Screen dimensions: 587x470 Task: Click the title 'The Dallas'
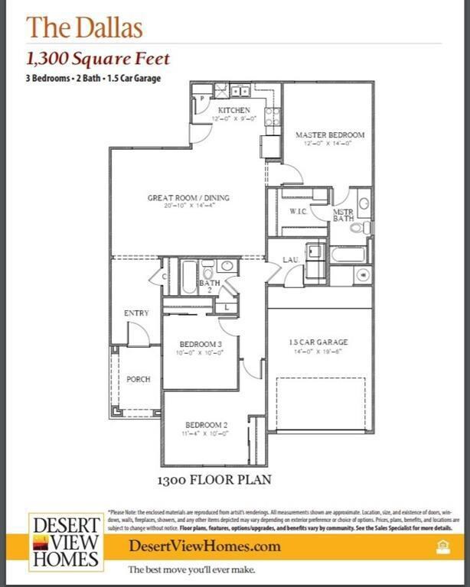(84, 28)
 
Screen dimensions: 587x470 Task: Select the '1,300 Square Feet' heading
(98, 59)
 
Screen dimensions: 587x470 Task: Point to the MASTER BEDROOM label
(330, 135)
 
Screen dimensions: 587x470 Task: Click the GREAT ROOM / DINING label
(188, 198)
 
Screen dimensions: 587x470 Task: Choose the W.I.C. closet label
(298, 211)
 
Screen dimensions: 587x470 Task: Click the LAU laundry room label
(290, 260)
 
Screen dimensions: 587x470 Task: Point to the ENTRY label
(136, 313)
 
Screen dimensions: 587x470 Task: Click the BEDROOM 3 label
(201, 345)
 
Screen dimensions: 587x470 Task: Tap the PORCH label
(139, 379)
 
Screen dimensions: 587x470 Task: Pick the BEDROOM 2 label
(206, 425)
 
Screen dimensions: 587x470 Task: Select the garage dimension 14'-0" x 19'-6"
(318, 352)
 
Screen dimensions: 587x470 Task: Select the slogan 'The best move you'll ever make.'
(191, 570)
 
